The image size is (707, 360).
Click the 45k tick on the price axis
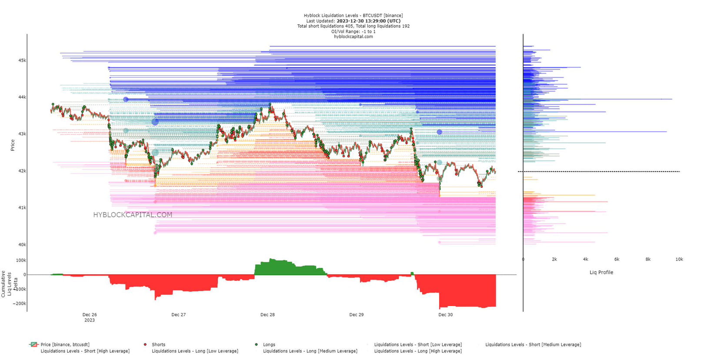pos(22,60)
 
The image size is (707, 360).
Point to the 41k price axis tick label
pos(22,208)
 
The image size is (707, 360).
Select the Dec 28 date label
pos(267,315)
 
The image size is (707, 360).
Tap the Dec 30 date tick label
pos(445,315)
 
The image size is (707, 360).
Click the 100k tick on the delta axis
pos(21,260)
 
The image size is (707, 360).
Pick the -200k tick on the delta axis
pos(19,303)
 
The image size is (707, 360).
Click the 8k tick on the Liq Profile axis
pos(648,259)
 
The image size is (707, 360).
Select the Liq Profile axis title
pos(601,272)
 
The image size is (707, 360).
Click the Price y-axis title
pos(13,145)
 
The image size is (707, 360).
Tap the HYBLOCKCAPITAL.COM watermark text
pos(133,215)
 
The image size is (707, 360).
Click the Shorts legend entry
pos(158,344)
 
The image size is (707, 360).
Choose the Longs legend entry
pos(269,344)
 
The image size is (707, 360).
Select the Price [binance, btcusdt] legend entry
pos(65,344)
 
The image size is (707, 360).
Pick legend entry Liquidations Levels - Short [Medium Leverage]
pos(533,344)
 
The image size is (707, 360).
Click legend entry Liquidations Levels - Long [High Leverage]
pos(417,351)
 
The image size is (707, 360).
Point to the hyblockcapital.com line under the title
pos(353,37)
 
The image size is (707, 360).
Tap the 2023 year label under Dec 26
pos(89,320)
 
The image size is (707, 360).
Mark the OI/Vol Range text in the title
pos(353,31)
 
